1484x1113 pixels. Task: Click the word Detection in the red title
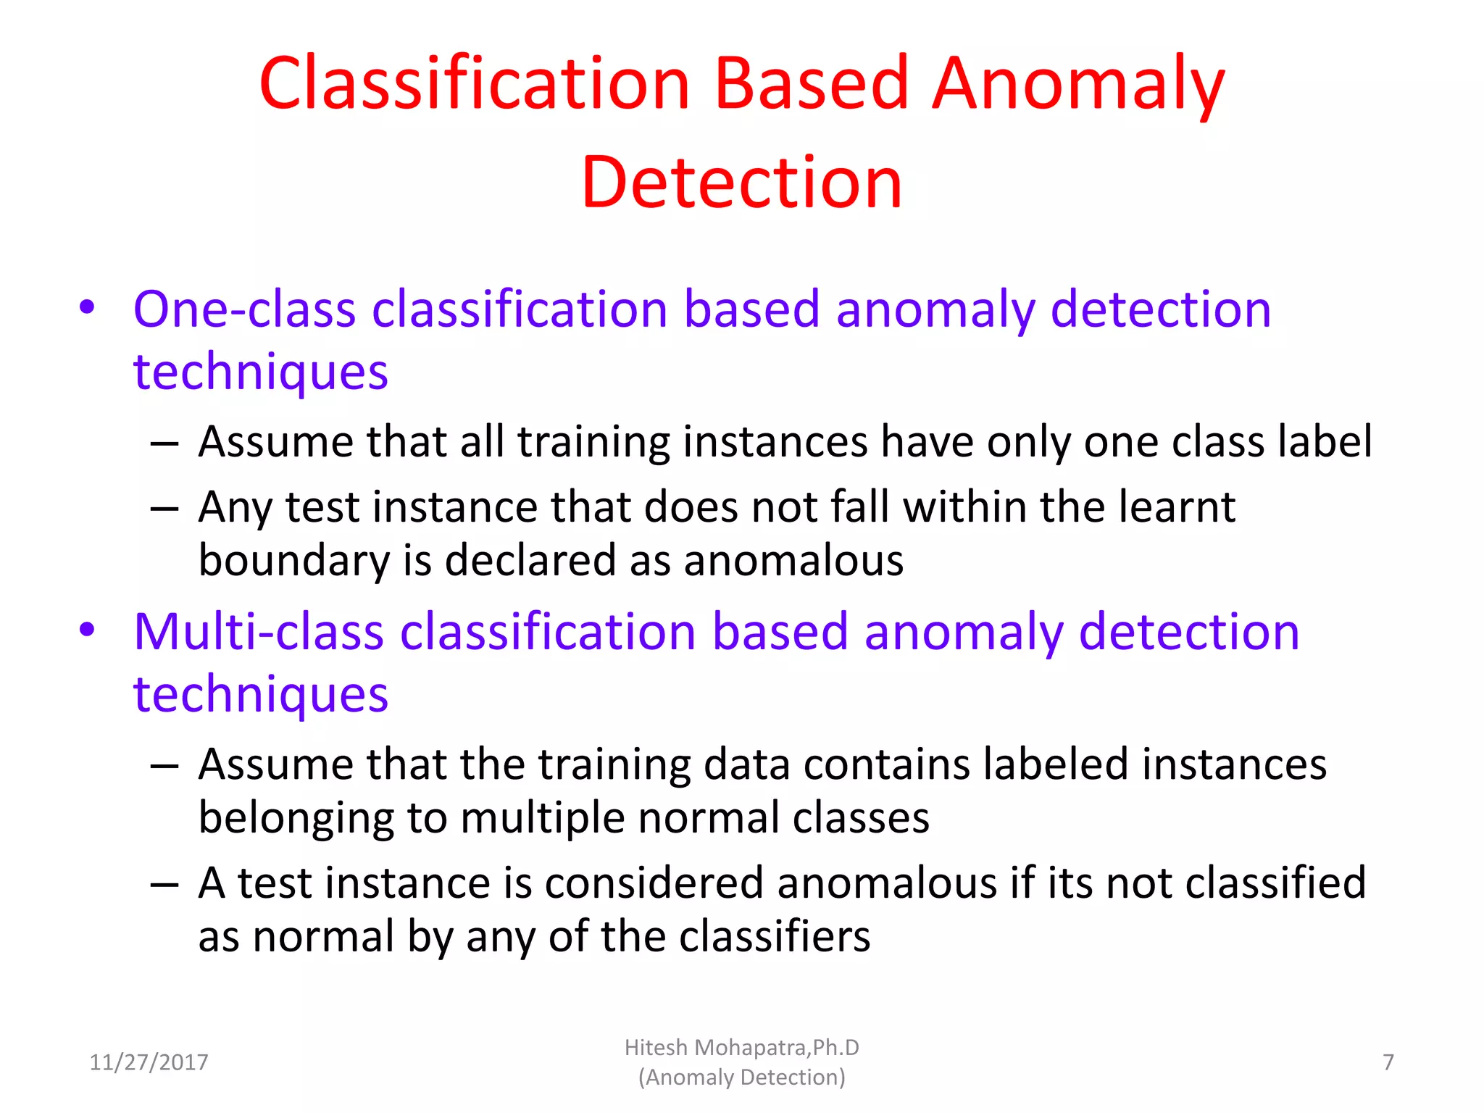[x=741, y=183]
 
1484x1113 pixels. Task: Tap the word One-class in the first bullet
[x=244, y=309]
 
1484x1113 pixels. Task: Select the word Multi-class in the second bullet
[x=258, y=632]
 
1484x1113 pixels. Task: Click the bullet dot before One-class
[x=87, y=307]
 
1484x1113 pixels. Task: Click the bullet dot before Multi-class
[x=87, y=630]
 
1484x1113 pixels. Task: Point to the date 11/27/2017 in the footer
[x=149, y=1062]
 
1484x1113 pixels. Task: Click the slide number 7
[x=1388, y=1062]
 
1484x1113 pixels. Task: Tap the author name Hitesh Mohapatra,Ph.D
[x=741, y=1048]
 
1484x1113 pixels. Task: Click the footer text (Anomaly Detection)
[x=741, y=1077]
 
